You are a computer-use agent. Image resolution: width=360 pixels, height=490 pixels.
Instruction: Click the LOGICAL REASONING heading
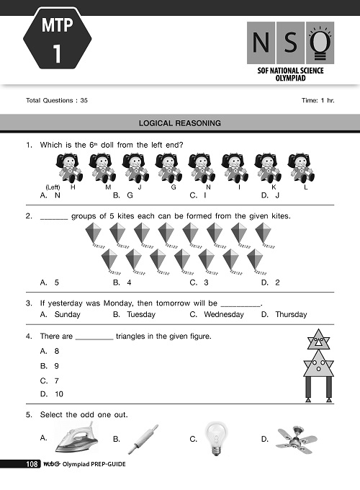point(180,123)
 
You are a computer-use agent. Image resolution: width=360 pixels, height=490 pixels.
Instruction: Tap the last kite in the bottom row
point(255,261)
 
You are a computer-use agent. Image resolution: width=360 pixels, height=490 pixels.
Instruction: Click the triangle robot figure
point(318,364)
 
